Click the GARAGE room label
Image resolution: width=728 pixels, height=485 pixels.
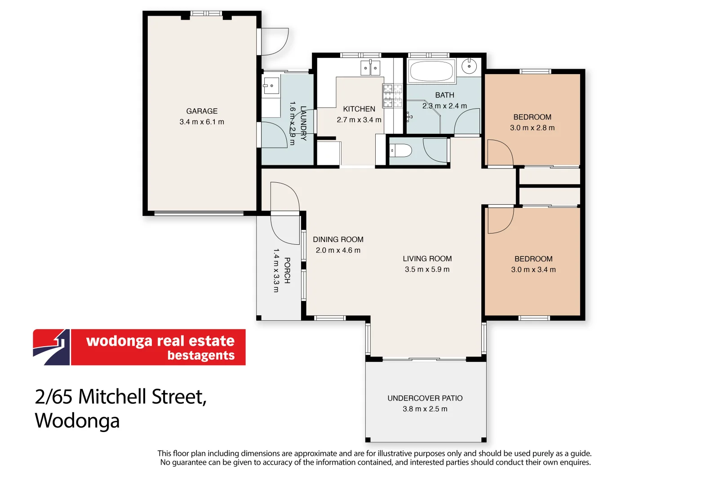(202, 111)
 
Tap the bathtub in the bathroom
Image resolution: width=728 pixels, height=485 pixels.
(432, 71)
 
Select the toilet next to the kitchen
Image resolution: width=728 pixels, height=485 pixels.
(400, 150)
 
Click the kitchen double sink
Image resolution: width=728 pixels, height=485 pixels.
(370, 68)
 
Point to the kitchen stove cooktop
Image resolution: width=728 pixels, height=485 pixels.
(392, 96)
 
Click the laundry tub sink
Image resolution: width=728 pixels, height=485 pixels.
(271, 86)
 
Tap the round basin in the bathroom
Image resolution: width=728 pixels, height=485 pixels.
(469, 67)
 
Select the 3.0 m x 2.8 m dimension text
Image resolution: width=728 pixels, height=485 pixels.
(532, 128)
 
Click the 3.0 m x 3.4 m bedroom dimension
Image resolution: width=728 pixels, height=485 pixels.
(533, 270)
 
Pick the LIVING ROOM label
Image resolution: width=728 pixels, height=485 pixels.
(427, 259)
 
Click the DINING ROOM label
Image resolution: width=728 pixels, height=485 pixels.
(338, 240)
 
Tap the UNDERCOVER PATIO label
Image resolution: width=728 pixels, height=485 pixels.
(425, 398)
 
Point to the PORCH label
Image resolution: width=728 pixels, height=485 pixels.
(287, 270)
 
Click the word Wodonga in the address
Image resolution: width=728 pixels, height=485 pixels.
(77, 421)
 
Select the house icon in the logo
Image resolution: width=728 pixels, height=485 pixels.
(52, 347)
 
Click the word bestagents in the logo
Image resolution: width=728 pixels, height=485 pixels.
(201, 356)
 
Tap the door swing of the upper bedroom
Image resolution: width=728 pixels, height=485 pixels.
(500, 153)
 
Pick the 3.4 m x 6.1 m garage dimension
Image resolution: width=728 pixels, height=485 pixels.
(202, 122)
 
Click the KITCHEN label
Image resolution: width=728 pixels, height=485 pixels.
(359, 109)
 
